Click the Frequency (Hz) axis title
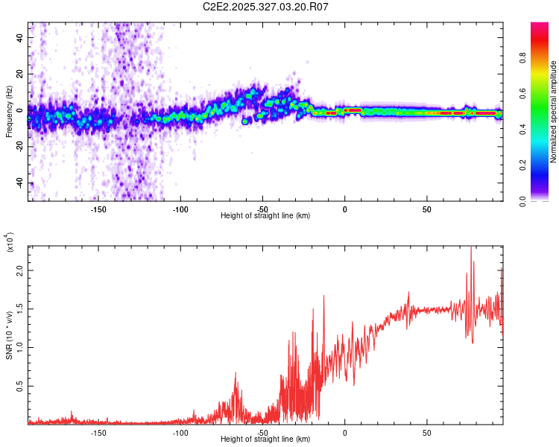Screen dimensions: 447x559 point(9,111)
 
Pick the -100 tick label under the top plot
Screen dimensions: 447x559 point(180,209)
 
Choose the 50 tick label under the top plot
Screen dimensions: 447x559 point(426,209)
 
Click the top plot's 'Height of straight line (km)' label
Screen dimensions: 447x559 point(265,216)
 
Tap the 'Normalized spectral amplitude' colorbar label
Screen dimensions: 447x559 point(554,112)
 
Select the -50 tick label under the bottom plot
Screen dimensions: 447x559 point(262,433)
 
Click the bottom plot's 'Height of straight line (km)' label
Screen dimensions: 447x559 point(265,440)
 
